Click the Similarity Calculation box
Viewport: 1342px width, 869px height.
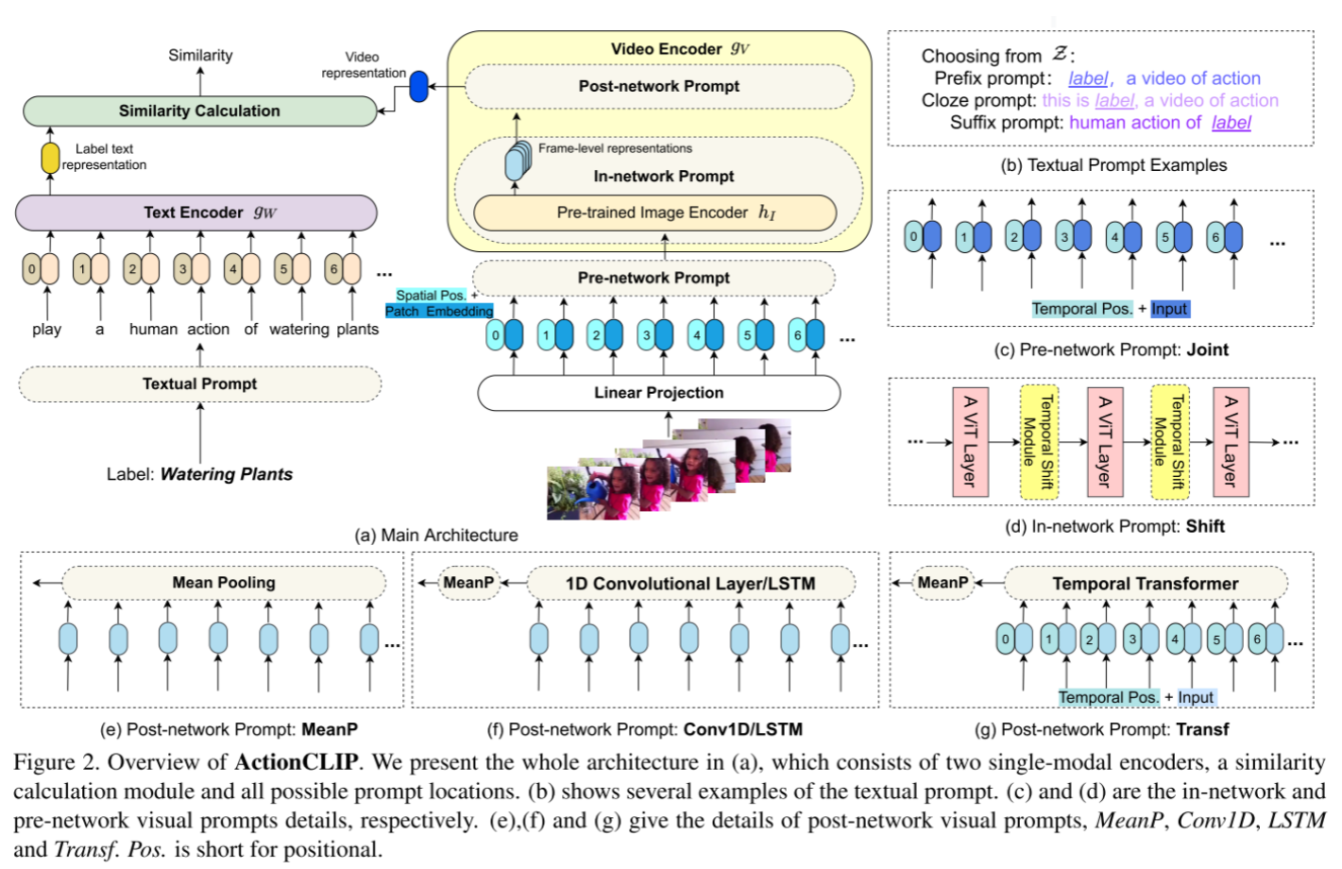(199, 111)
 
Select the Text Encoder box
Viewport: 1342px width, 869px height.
(196, 213)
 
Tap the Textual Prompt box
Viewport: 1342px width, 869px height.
(199, 383)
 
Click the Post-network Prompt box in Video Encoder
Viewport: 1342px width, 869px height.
(659, 87)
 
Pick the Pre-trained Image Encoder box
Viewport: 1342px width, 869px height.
(654, 213)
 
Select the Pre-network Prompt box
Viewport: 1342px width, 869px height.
(654, 278)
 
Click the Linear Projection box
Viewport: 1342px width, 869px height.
(658, 393)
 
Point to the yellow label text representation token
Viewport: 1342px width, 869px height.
(50, 157)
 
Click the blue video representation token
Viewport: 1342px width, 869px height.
(418, 87)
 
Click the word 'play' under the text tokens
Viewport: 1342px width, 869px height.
(46, 330)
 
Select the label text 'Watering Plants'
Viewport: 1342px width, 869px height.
(226, 474)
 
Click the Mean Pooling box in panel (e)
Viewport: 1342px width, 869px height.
(224, 583)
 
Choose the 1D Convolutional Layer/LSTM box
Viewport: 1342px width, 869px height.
(690, 584)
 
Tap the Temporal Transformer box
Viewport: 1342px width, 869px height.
(1145, 584)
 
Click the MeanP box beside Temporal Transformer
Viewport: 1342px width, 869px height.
(943, 583)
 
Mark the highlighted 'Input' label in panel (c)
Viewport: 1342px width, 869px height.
(1169, 309)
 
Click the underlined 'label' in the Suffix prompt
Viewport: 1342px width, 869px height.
(1231, 123)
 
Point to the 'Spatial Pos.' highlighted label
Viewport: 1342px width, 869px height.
(431, 296)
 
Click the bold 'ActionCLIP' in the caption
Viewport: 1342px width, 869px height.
(296, 762)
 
